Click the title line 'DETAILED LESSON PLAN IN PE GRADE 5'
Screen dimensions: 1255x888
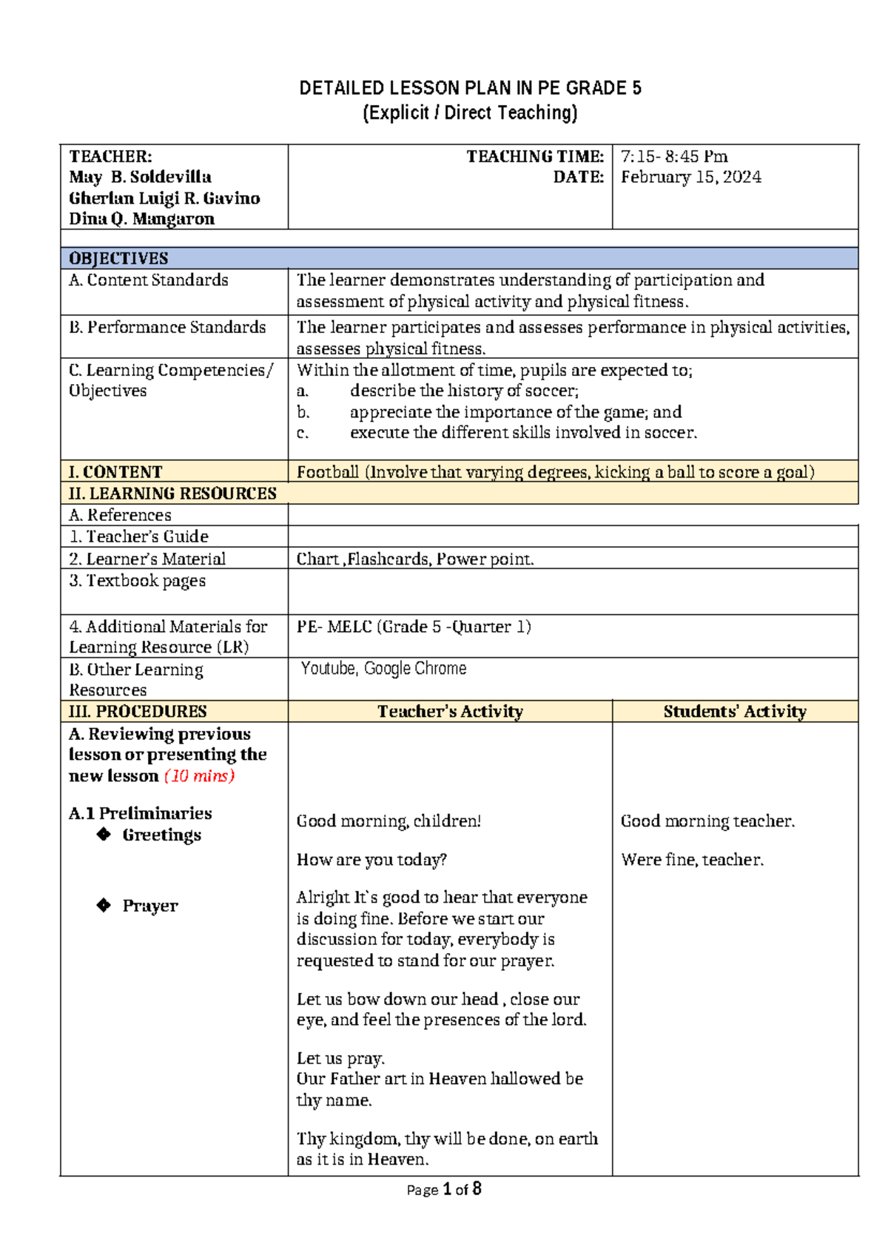click(470, 89)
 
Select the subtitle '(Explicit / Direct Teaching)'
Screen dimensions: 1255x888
click(470, 113)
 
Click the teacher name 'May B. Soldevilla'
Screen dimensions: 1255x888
click(140, 177)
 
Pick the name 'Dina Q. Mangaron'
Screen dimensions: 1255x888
click(141, 219)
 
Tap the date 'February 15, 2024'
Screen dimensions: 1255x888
click(690, 177)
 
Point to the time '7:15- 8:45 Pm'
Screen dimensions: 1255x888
click(674, 156)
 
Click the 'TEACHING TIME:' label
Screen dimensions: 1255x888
click(534, 156)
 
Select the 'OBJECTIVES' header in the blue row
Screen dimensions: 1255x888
click(118, 258)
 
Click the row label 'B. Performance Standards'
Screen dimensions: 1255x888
click(167, 327)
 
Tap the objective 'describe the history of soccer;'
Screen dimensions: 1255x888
click(464, 391)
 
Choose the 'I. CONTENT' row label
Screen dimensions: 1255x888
click(115, 472)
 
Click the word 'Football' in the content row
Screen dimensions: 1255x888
click(327, 472)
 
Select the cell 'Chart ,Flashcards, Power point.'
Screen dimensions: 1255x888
click(414, 559)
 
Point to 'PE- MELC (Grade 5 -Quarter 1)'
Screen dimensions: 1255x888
click(414, 627)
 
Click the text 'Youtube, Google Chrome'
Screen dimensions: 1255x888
click(383, 669)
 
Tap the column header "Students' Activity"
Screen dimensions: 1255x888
click(734, 712)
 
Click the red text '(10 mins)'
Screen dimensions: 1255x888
click(199, 776)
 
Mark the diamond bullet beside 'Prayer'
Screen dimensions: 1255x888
click(104, 905)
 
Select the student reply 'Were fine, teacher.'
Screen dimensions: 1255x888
click(692, 860)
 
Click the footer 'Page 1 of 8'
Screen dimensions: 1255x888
click(444, 1189)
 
